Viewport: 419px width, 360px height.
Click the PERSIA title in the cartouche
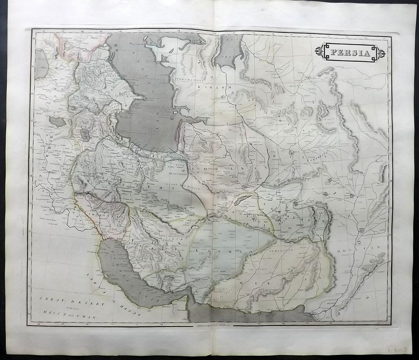tap(350, 53)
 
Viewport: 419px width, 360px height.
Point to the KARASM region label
tap(209, 87)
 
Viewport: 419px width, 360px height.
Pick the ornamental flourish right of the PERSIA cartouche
tap(381, 53)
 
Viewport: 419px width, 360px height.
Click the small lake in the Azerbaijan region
tap(85, 134)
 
